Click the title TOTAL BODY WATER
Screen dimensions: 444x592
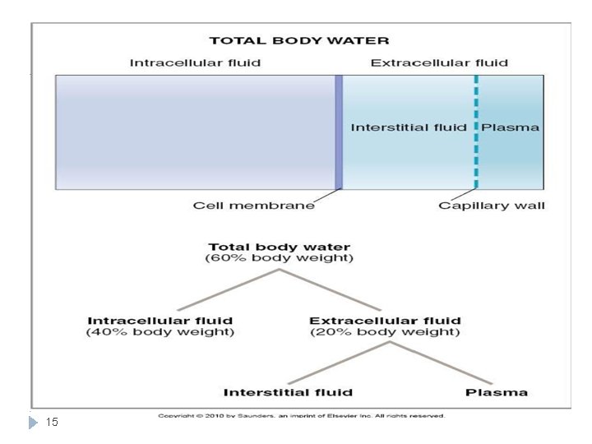(298, 40)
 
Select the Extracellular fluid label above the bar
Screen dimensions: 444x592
(439, 62)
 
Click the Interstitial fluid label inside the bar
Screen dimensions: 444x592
(408, 127)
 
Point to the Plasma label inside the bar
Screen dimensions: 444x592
(510, 127)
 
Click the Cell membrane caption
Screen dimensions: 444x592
(253, 206)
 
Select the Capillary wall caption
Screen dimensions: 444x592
(492, 206)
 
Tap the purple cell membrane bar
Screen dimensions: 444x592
(338, 132)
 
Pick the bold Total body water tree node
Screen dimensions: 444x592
(279, 247)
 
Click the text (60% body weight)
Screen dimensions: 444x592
(279, 259)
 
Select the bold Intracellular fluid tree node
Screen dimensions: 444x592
(160, 321)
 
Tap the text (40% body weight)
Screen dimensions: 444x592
(160, 332)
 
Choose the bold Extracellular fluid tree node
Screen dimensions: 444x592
(385, 321)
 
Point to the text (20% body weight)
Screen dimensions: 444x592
(385, 332)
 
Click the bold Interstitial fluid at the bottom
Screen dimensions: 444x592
(288, 391)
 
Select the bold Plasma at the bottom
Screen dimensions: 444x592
(497, 391)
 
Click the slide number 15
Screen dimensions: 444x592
(52, 422)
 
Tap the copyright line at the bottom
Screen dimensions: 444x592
(301, 415)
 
